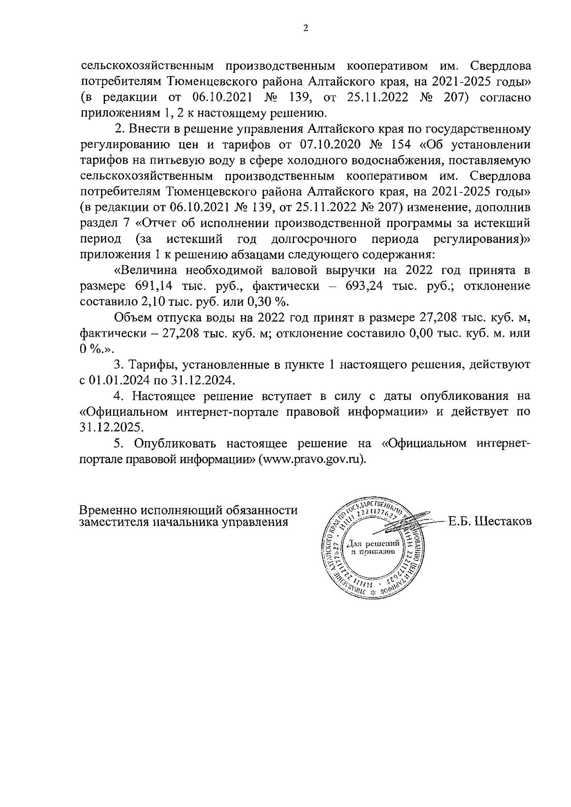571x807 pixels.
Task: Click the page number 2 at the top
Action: tap(305, 29)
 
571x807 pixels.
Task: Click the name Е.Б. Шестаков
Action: tap(490, 522)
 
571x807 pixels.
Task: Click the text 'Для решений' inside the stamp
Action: tap(372, 543)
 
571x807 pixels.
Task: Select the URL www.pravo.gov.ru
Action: tap(312, 459)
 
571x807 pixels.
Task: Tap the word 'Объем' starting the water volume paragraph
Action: tap(131, 318)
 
